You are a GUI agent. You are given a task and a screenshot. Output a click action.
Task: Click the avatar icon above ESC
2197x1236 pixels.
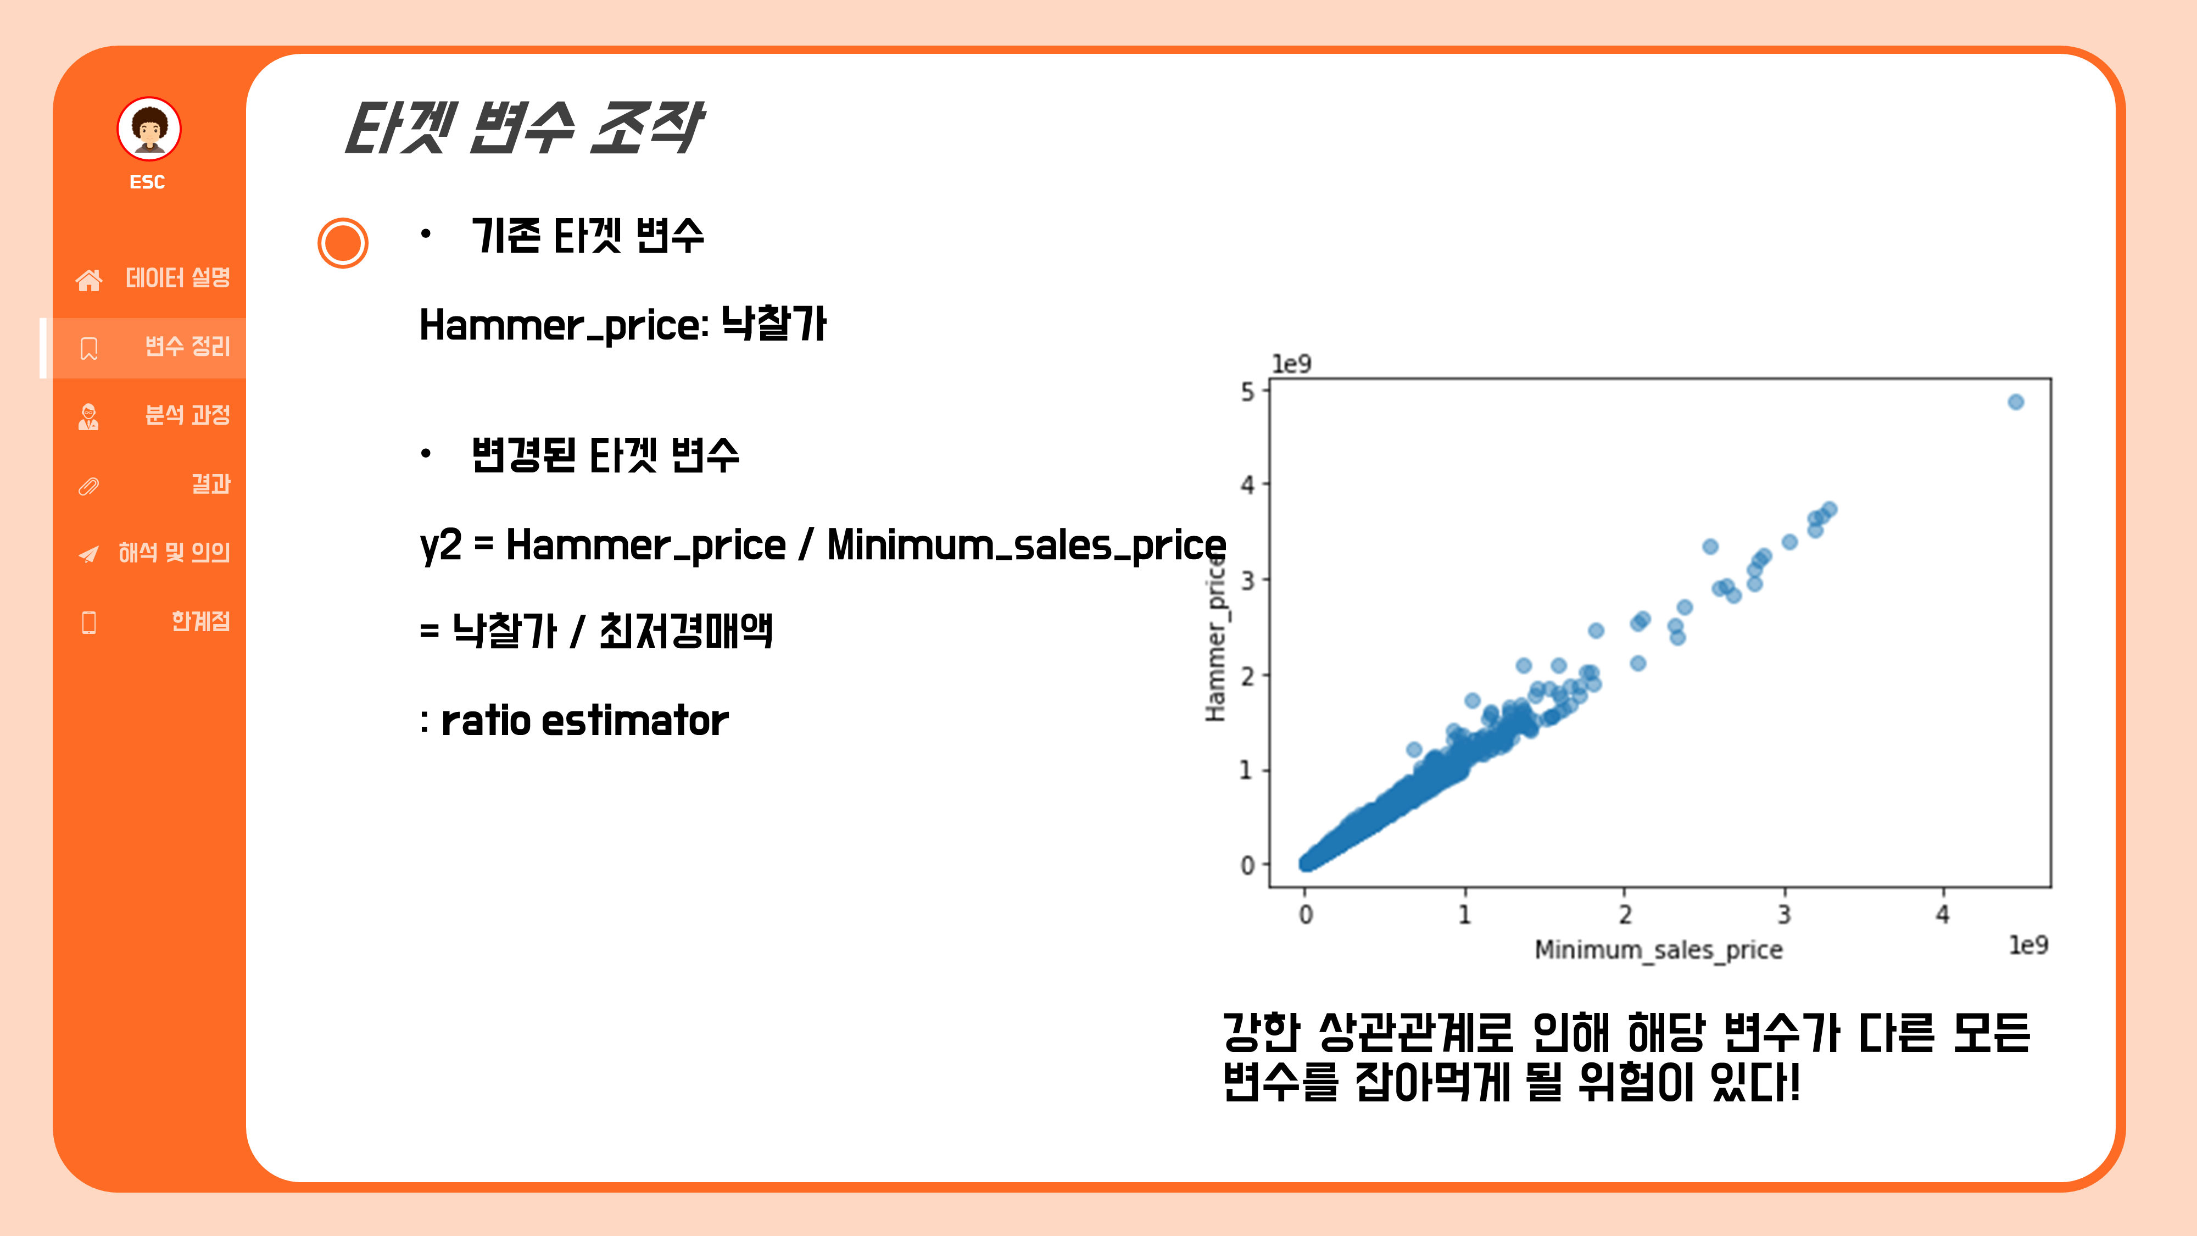(x=149, y=129)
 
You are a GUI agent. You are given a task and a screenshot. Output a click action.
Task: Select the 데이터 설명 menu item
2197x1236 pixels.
(x=177, y=278)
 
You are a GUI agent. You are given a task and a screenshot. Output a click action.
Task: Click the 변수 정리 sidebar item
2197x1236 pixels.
(x=187, y=346)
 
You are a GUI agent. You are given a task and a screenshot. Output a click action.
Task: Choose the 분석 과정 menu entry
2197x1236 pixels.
(x=187, y=415)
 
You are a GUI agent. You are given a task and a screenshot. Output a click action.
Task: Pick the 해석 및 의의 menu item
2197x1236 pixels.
(x=174, y=553)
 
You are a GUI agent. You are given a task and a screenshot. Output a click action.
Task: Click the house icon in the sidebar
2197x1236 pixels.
(x=88, y=280)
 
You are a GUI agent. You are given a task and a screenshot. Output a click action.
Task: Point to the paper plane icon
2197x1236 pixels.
(x=88, y=554)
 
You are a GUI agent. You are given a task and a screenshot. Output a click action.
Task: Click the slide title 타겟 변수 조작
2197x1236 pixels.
(x=523, y=128)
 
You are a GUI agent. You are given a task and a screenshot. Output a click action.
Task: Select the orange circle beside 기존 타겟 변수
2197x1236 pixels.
(x=343, y=243)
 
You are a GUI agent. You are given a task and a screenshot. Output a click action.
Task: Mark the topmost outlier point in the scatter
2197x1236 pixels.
(x=2015, y=402)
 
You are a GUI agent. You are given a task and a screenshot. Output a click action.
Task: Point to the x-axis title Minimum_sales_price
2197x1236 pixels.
(x=1658, y=949)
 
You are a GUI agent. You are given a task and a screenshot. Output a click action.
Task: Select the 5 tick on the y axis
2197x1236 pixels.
(x=1248, y=392)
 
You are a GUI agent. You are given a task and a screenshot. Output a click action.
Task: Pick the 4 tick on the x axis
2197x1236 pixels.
(x=1943, y=915)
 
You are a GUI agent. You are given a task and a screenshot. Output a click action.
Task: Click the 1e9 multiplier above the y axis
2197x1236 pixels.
(x=1291, y=364)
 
